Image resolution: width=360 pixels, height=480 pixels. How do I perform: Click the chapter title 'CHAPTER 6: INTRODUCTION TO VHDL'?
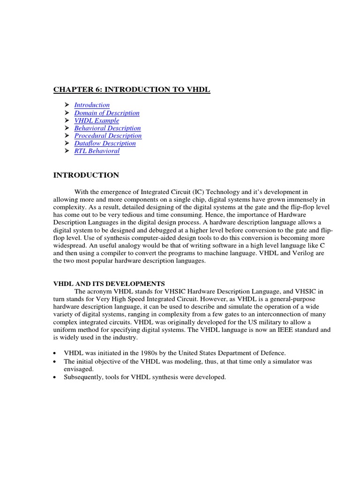pos(132,90)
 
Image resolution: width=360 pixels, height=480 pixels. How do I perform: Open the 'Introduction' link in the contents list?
pos(92,105)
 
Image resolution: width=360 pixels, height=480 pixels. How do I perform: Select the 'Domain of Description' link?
pos(107,113)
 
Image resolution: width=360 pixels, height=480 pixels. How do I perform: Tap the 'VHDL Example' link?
pos(97,120)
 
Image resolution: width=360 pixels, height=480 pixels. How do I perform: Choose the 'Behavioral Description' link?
pos(107,128)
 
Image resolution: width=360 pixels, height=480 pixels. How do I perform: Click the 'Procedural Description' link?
pos(108,135)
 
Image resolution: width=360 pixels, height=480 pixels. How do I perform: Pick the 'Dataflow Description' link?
pos(105,143)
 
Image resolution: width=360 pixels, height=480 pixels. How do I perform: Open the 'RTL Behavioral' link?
pos(97,151)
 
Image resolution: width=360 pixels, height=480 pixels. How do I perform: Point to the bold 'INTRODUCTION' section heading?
pos(86,175)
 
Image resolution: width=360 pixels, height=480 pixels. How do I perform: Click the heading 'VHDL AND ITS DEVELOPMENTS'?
pos(109,284)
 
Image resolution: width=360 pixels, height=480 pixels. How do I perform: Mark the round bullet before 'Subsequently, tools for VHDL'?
pos(56,377)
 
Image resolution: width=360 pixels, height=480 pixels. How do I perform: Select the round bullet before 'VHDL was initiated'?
pos(56,352)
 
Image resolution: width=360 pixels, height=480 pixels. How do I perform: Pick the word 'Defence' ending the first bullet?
pos(273,352)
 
